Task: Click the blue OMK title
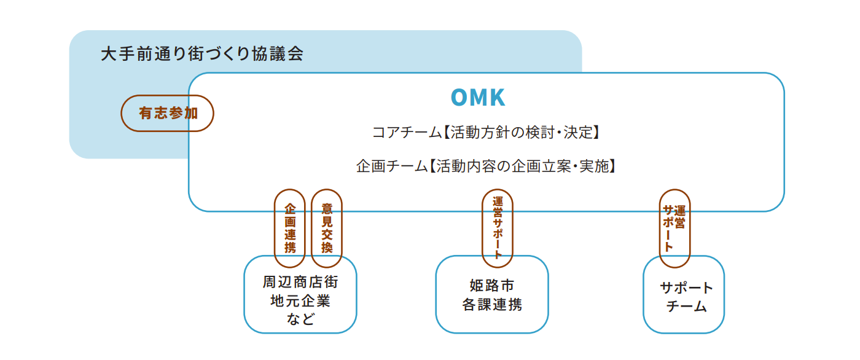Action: click(x=478, y=98)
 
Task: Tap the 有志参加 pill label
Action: click(x=167, y=113)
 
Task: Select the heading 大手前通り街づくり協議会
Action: click(x=202, y=53)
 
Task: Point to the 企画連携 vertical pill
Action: click(x=290, y=229)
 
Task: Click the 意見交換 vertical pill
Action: click(x=327, y=229)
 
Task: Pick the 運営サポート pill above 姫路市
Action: click(x=498, y=229)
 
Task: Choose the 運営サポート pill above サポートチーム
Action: click(x=675, y=229)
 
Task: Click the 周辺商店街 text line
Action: click(x=300, y=282)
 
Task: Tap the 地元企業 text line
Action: click(x=300, y=301)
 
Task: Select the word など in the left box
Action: click(x=300, y=319)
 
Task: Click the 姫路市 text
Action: click(x=492, y=286)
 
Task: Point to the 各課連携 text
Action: click(x=492, y=304)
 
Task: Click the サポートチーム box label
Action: click(x=686, y=297)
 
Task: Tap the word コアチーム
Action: click(x=407, y=133)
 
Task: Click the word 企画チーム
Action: click(x=392, y=166)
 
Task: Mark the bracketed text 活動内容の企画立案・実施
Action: click(x=522, y=166)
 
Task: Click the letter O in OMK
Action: click(x=459, y=98)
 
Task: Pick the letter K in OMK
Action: click(x=498, y=98)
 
